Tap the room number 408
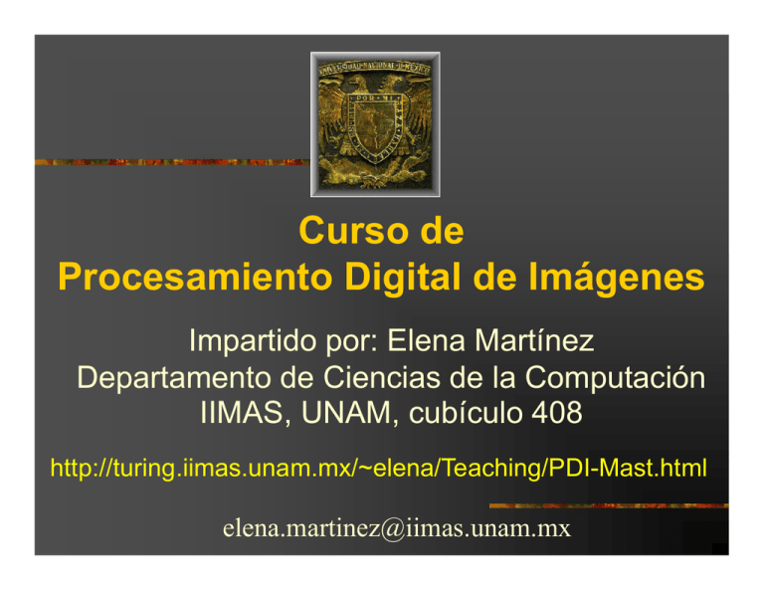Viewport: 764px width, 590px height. (554, 417)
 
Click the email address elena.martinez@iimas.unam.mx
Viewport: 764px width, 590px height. (383, 526)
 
